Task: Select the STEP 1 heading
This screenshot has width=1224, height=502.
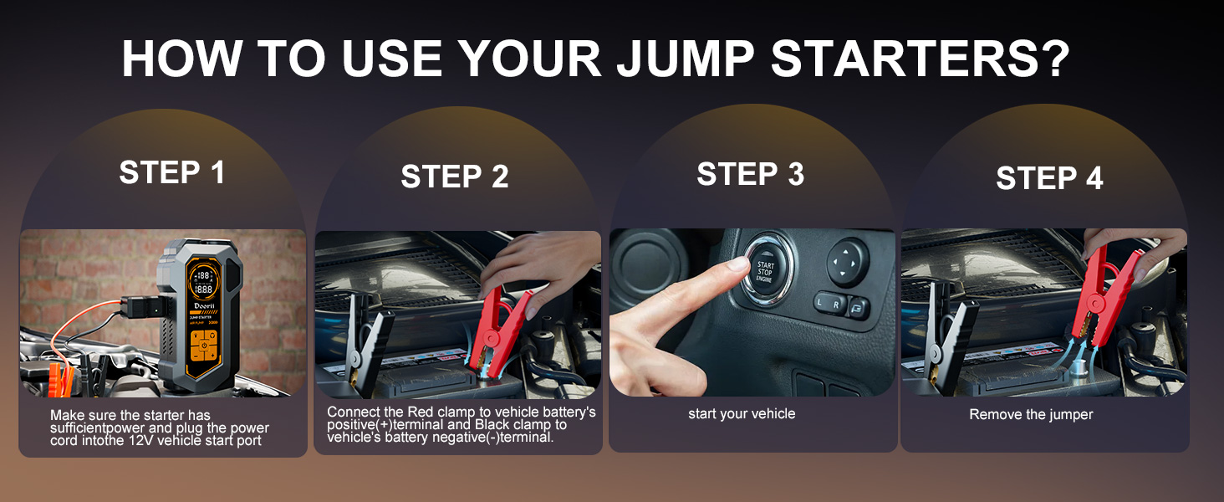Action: (172, 172)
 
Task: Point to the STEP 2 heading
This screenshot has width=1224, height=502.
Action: (454, 177)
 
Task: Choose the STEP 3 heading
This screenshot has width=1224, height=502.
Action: (750, 174)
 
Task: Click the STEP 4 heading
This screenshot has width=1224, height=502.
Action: (1049, 178)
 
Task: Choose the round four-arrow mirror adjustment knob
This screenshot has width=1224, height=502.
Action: (848, 263)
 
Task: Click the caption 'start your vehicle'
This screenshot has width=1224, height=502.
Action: (742, 413)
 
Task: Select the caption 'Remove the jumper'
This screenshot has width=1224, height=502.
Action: (1031, 414)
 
